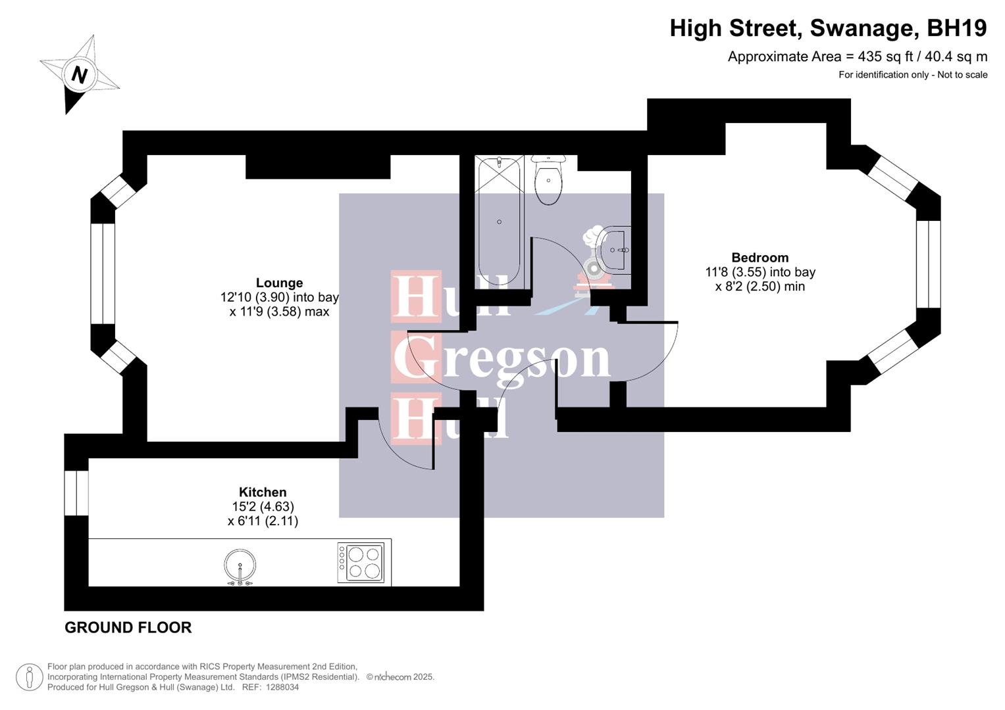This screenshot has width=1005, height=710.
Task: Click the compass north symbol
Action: [x=79, y=74]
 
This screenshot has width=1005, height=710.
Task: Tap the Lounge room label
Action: [x=279, y=283]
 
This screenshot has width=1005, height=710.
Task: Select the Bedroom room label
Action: [x=760, y=258]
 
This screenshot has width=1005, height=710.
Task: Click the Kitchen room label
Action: [x=263, y=492]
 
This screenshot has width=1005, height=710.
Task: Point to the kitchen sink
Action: [x=240, y=565]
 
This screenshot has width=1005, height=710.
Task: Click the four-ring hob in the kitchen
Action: [x=361, y=562]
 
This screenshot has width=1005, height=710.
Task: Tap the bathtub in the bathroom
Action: [x=499, y=222]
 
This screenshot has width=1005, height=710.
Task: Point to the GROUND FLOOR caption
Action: [x=128, y=627]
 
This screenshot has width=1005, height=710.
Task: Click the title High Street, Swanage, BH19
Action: [x=828, y=28]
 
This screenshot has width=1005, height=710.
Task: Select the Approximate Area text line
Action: [x=857, y=57]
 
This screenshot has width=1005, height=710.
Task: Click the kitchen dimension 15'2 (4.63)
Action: [x=263, y=506]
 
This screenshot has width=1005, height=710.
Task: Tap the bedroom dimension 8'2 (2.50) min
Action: [x=760, y=287]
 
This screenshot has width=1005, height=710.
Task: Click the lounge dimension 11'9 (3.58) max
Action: [x=279, y=312]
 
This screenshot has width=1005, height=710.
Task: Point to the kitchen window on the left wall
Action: [x=76, y=493]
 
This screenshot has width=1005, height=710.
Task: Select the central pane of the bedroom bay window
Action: [x=928, y=264]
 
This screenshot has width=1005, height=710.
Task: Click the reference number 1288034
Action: [x=280, y=687]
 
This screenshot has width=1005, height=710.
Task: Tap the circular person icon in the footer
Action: [x=29, y=677]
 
